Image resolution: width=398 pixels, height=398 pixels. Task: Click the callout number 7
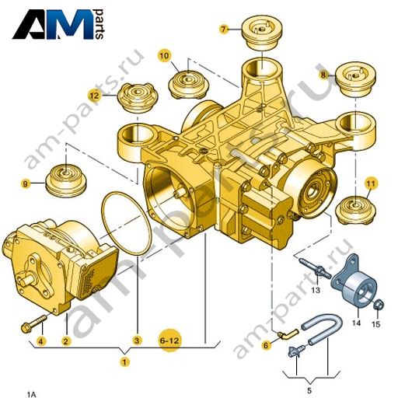click(223, 29)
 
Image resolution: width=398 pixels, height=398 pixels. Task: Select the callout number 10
click(164, 56)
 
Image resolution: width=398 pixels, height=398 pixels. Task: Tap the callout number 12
click(94, 96)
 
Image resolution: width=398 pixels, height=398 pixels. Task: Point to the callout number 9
click(25, 184)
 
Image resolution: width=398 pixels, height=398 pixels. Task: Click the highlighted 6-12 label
click(169, 340)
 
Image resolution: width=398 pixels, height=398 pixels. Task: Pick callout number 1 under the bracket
click(124, 361)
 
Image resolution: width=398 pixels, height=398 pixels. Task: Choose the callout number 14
click(356, 323)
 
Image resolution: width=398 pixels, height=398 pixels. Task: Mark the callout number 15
click(376, 324)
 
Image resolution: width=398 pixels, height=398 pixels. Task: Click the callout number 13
click(316, 290)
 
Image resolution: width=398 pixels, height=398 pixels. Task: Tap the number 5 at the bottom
click(309, 390)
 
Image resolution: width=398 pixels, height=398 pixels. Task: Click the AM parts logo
click(58, 24)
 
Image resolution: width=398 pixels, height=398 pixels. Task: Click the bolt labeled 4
click(34, 323)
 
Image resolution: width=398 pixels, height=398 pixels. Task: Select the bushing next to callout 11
click(355, 210)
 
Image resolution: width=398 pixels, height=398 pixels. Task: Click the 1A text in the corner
click(32, 395)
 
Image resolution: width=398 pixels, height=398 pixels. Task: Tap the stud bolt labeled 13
click(315, 268)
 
